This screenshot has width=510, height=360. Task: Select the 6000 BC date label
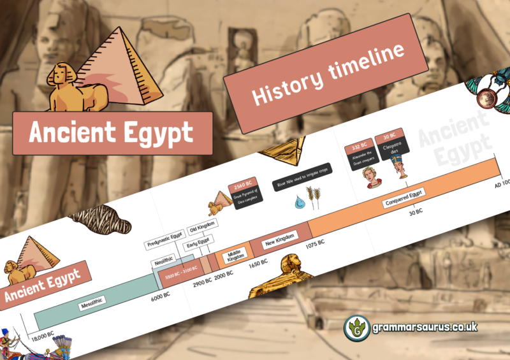click(x=160, y=296)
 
